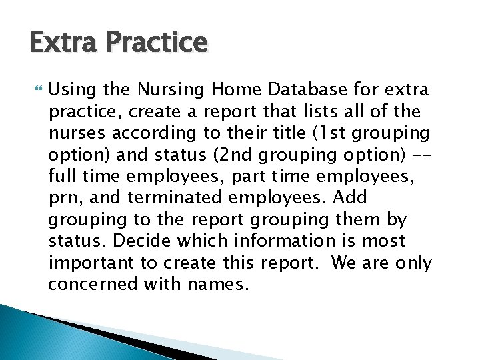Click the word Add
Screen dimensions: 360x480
coord(350,199)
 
